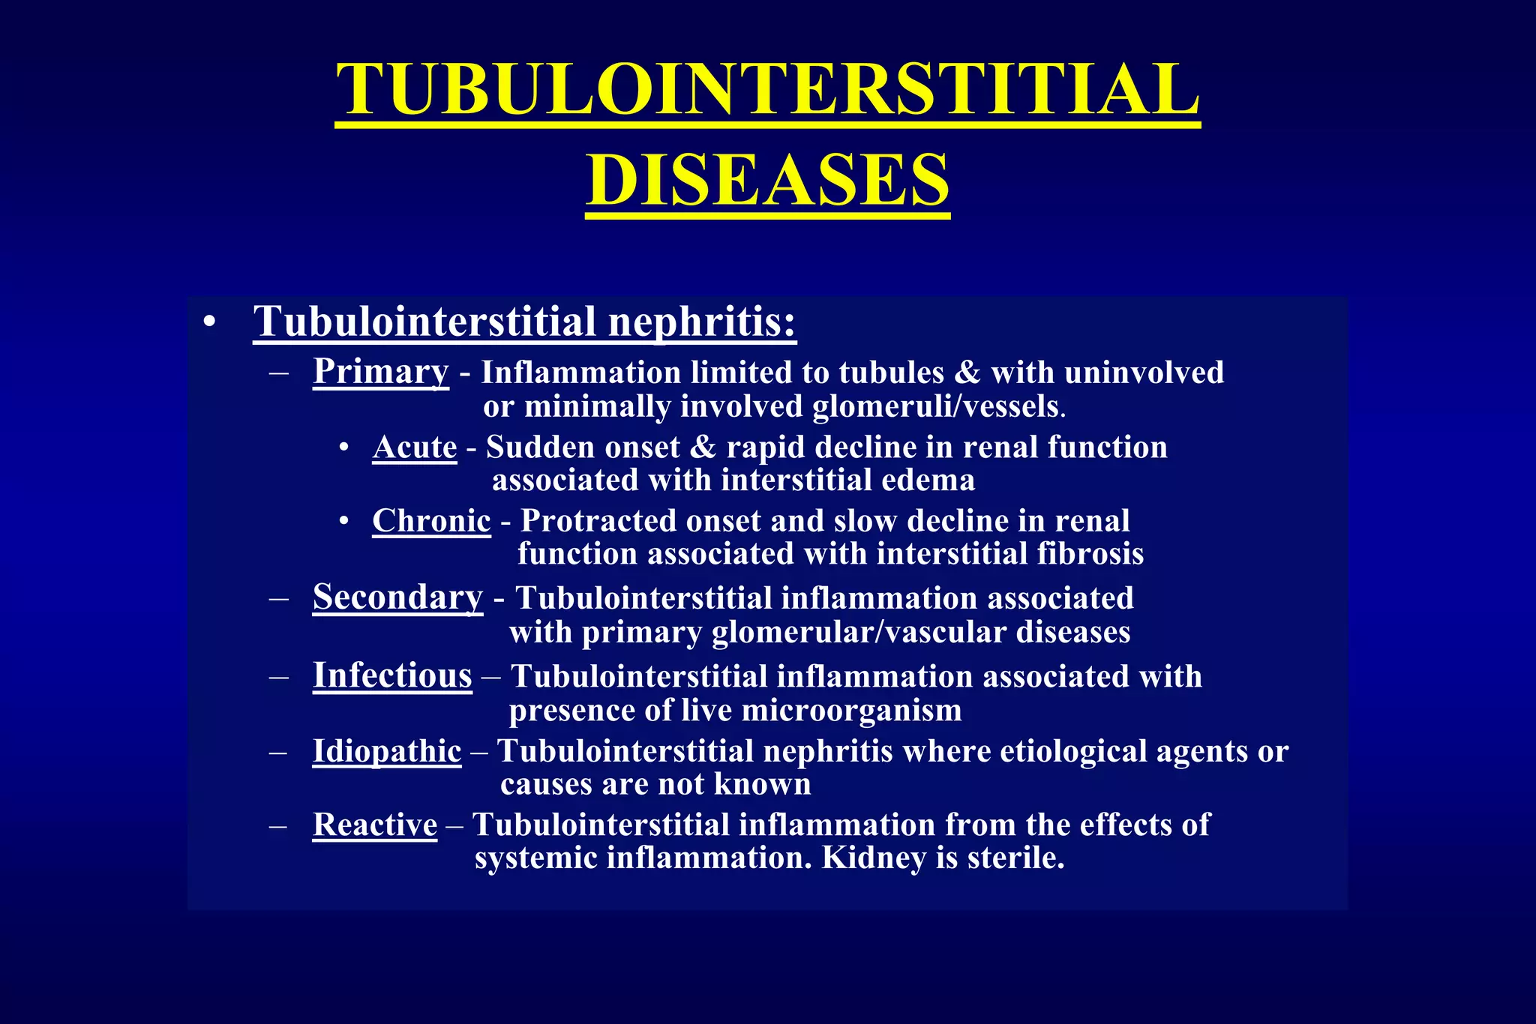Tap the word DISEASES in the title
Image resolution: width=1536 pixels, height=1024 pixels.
(767, 180)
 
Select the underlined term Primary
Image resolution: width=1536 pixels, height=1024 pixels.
(381, 372)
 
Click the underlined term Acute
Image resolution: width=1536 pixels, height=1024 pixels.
(415, 448)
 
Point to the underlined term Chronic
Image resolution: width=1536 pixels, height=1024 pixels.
(431, 521)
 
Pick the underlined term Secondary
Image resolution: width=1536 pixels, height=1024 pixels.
(397, 598)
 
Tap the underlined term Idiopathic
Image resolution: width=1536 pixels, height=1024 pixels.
(387, 751)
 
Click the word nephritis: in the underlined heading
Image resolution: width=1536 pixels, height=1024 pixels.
(702, 322)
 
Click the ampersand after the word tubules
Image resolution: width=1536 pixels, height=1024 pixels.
(967, 373)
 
